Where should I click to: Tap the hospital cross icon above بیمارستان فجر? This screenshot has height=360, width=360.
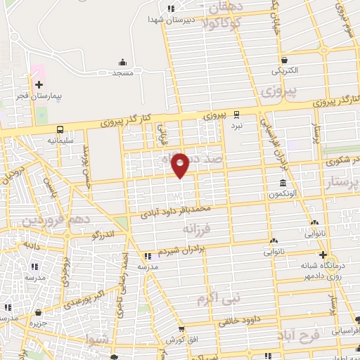pyautogui.click(x=39, y=84)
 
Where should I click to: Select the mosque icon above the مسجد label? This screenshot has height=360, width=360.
pyautogui.click(x=123, y=62)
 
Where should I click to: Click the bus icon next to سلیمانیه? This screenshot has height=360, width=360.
pyautogui.click(x=62, y=129)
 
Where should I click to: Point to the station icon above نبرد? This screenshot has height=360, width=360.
pyautogui.click(x=237, y=114)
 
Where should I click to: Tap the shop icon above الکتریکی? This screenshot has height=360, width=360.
pyautogui.click(x=284, y=60)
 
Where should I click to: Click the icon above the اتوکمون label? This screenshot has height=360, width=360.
pyautogui.click(x=281, y=184)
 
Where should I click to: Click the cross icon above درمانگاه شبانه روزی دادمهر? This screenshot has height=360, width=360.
pyautogui.click(x=322, y=255)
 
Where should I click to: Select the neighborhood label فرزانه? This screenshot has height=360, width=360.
pyautogui.click(x=196, y=229)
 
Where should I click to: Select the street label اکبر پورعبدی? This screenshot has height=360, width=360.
pyautogui.click(x=89, y=296)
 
